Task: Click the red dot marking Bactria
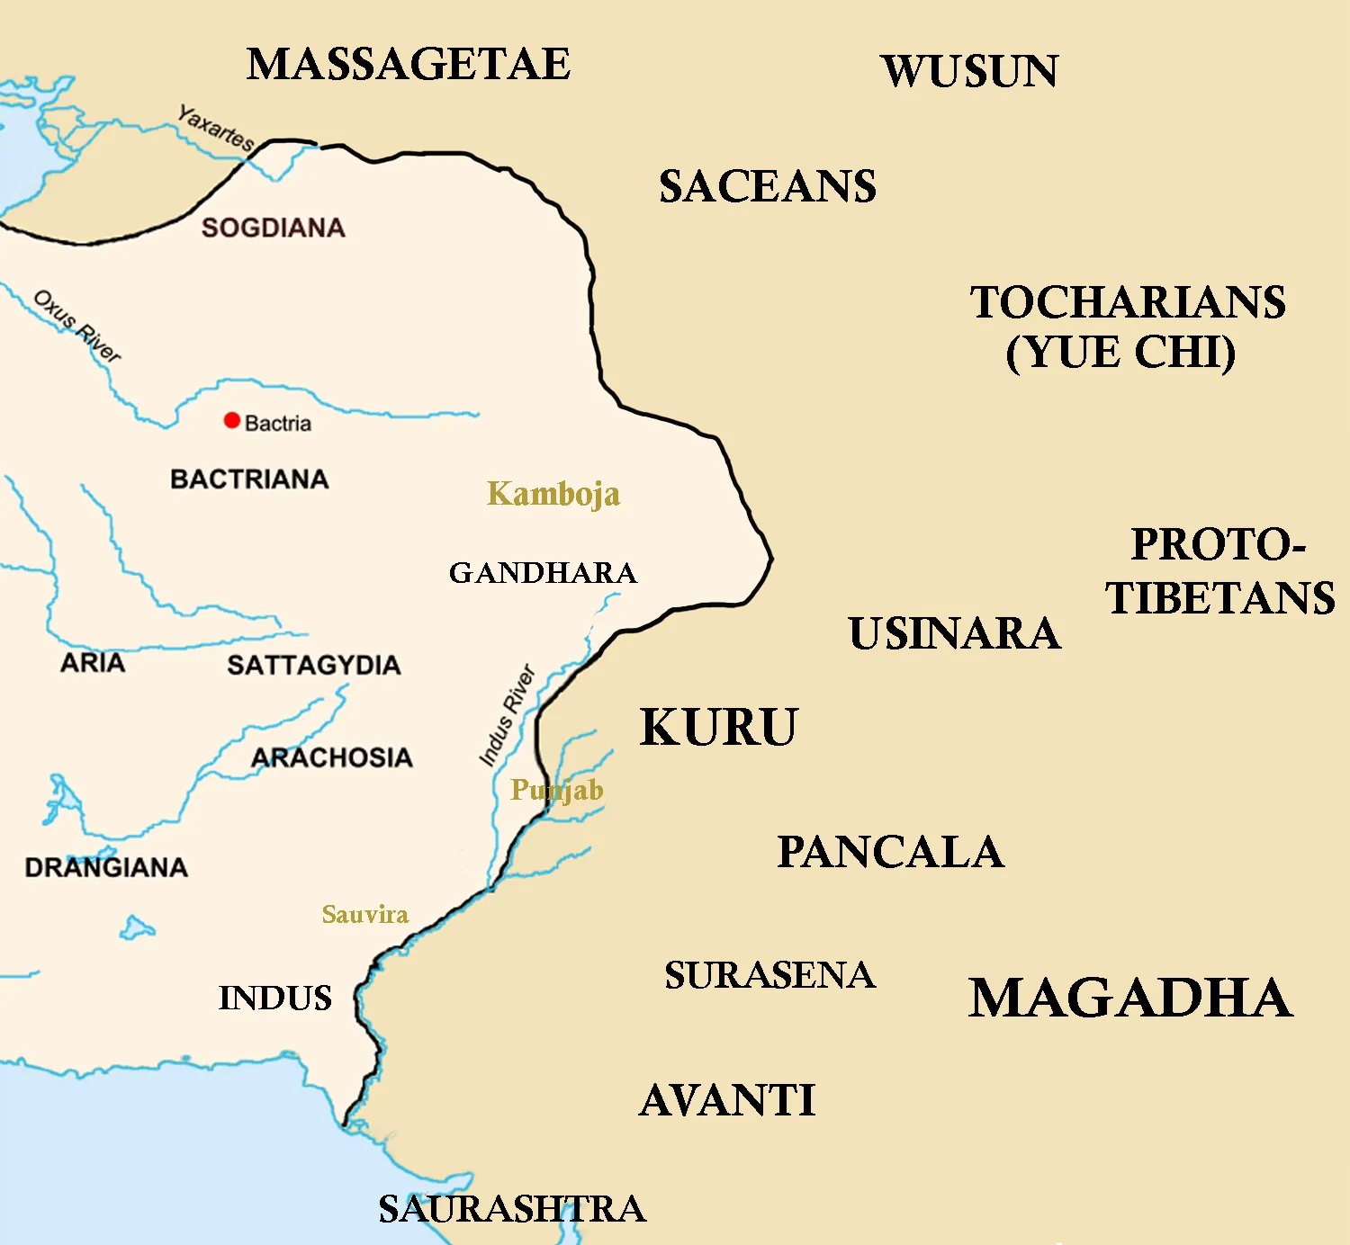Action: (232, 420)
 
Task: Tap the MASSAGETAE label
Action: (409, 65)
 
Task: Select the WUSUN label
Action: (970, 72)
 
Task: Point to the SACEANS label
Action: (768, 187)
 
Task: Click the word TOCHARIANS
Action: (1128, 302)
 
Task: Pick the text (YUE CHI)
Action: (1120, 352)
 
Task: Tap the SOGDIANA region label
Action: (274, 228)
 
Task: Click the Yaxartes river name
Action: (216, 128)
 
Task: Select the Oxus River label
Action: (76, 326)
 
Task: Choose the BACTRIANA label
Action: (249, 479)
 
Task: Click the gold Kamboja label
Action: (553, 494)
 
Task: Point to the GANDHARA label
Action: (543, 573)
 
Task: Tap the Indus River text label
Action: (508, 715)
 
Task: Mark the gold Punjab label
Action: (557, 790)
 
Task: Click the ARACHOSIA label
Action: (332, 757)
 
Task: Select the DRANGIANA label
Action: (106, 867)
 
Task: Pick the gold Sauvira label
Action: (365, 915)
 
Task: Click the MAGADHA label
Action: (1130, 999)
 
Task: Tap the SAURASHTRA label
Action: (512, 1209)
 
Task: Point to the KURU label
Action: (718, 728)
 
